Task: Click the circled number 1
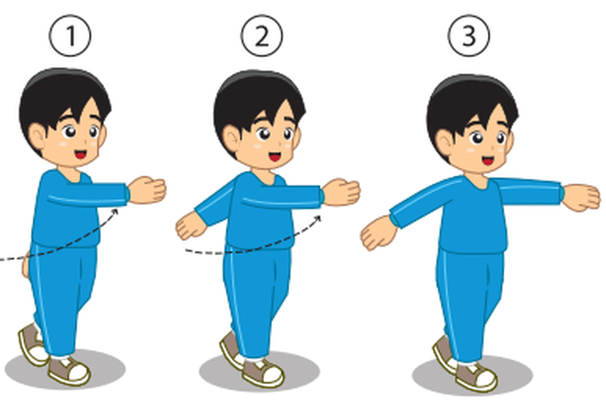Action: click(x=70, y=36)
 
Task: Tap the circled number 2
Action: click(x=262, y=36)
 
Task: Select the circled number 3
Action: click(x=469, y=36)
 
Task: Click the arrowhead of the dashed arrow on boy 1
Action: click(x=115, y=212)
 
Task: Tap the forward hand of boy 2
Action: click(x=341, y=192)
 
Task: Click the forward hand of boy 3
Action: click(x=581, y=198)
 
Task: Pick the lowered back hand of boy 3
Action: click(x=379, y=233)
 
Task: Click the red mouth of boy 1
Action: click(x=81, y=155)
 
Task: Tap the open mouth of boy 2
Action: click(x=275, y=157)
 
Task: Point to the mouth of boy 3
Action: click(x=488, y=161)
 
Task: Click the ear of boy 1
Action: click(x=37, y=136)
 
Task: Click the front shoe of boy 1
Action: click(x=69, y=371)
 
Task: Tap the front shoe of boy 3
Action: click(x=476, y=377)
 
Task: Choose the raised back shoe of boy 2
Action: click(x=232, y=351)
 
